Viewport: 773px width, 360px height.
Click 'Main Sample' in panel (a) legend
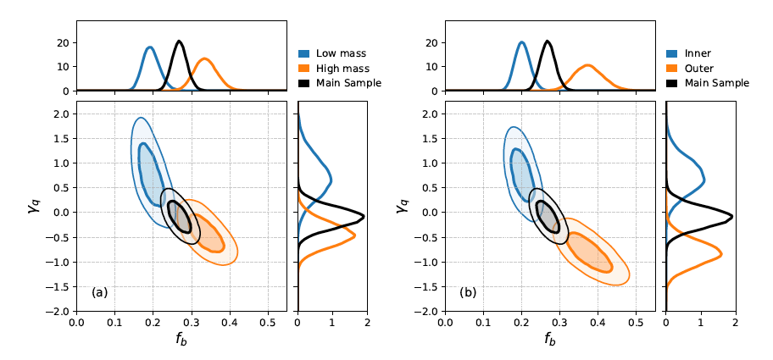[348, 83]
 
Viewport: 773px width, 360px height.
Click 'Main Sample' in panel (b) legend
[716, 83]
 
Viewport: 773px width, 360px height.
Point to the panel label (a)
[100, 292]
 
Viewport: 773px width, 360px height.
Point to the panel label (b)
[468, 292]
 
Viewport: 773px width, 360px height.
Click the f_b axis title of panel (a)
[181, 341]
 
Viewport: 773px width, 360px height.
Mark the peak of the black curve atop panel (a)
[179, 42]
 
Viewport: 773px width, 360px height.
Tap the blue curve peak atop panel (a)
[150, 47]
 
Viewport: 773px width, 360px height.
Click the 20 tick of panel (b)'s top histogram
[431, 43]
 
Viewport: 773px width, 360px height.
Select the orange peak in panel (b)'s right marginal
[720, 253]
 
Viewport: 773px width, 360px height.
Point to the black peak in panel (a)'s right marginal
[363, 216]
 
